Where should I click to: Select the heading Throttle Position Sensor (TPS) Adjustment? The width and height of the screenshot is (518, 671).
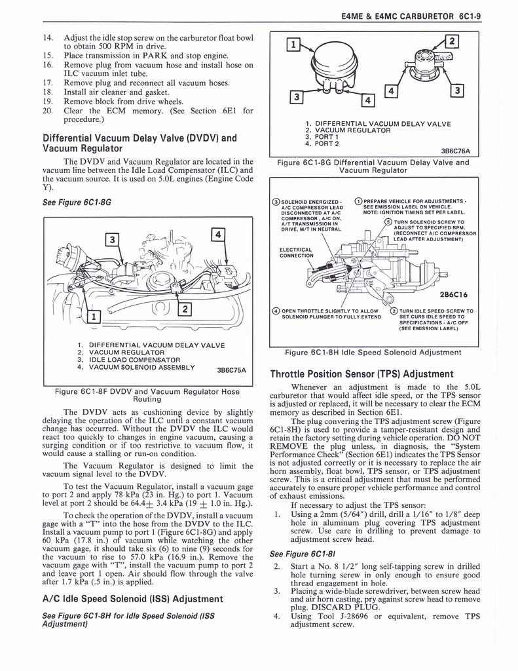pyautogui.click(x=361, y=374)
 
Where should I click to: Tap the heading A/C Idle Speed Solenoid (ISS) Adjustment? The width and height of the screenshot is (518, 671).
pyautogui.click(x=132, y=598)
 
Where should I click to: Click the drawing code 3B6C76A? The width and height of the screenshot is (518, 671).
pyautogui.click(x=455, y=151)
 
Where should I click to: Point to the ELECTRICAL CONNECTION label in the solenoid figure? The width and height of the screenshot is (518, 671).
pyautogui.click(x=295, y=252)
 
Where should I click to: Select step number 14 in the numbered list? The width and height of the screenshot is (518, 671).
pyautogui.click(x=47, y=38)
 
